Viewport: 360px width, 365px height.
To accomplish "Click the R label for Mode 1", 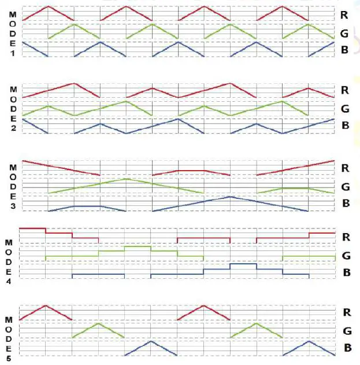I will pyautogui.click(x=344, y=14).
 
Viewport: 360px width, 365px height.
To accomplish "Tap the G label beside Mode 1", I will pyautogui.click(x=344, y=33).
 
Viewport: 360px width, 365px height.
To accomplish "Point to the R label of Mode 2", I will pyautogui.click(x=344, y=91).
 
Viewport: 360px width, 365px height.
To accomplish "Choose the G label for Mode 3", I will pyautogui.click(x=345, y=187).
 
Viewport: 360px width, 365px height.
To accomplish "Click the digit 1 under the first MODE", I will pyautogui.click(x=12, y=53).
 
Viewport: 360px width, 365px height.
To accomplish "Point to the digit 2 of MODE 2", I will pyautogui.click(x=12, y=128).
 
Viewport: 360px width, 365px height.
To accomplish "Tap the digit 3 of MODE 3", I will pyautogui.click(x=12, y=206).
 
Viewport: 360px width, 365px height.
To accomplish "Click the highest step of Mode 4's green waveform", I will pyautogui.click(x=138, y=246).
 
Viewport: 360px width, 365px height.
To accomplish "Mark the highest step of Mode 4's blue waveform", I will pyautogui.click(x=243, y=264).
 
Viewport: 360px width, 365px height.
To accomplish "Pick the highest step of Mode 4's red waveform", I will pyautogui.click(x=32, y=228).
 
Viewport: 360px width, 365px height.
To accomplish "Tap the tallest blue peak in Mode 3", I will pyautogui.click(x=230, y=197).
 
